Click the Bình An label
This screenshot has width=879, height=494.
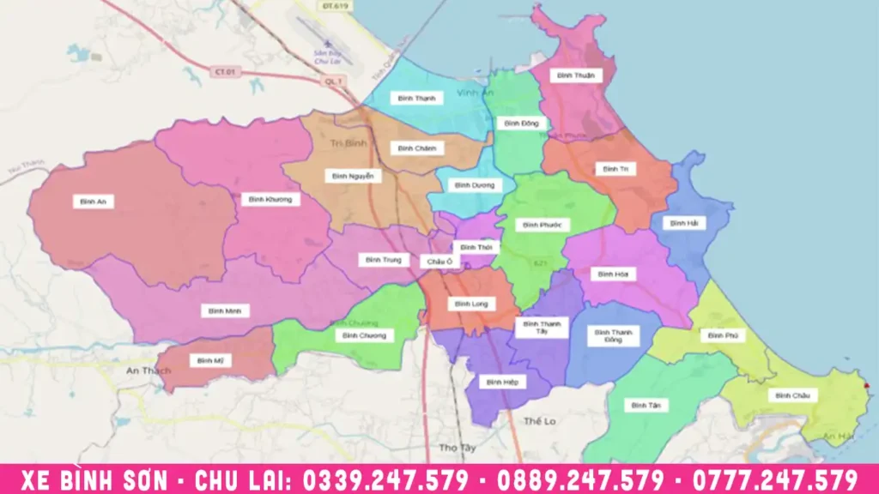(93, 202)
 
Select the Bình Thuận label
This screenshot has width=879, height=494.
(574, 75)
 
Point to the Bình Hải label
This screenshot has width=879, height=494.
(685, 223)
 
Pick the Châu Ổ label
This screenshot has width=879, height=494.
(435, 261)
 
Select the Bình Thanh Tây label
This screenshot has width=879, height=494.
(542, 327)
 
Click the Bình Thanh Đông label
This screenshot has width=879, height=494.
(613, 335)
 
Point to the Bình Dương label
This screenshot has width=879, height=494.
(469, 185)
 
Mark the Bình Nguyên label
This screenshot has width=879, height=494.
(352, 176)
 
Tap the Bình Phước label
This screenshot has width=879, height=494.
(542, 225)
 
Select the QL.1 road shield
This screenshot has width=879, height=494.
(333, 81)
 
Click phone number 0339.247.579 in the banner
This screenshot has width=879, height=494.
(392, 479)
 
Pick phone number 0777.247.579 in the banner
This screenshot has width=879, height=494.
(777, 479)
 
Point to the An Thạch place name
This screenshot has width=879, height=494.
(148, 370)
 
